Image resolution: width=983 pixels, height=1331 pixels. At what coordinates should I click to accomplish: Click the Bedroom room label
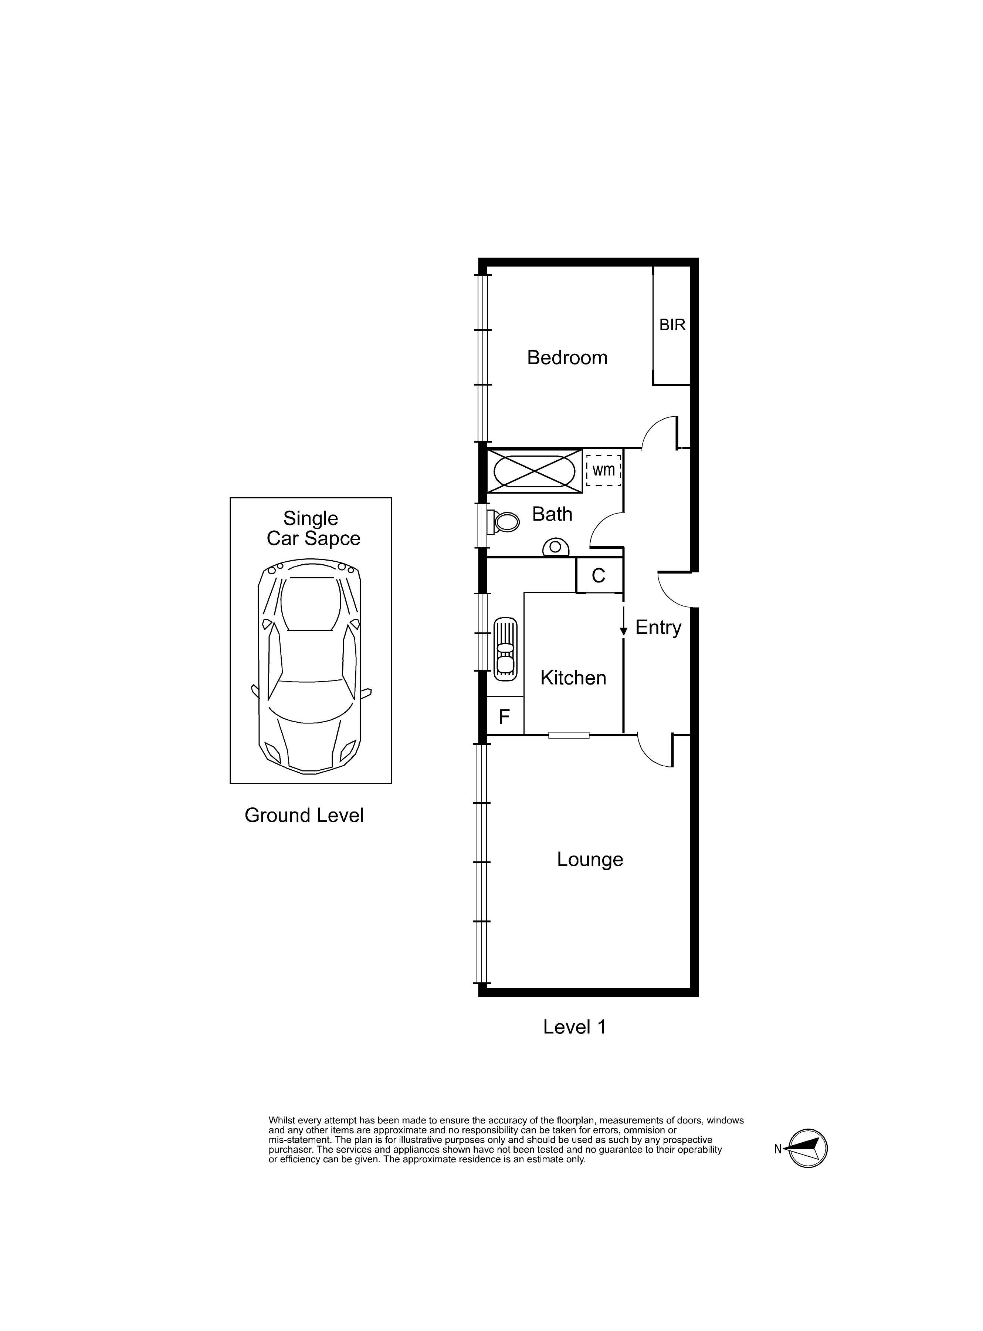[567, 358]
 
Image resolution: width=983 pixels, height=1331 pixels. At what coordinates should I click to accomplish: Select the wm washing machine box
[603, 470]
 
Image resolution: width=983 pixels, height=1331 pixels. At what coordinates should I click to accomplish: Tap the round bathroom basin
[555, 547]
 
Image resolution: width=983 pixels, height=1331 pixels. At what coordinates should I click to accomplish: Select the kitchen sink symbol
[505, 649]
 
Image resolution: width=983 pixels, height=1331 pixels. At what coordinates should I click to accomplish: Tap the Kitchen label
[573, 678]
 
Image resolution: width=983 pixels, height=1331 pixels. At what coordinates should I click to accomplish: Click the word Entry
[658, 628]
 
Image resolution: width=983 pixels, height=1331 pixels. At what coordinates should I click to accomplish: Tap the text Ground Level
[304, 815]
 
